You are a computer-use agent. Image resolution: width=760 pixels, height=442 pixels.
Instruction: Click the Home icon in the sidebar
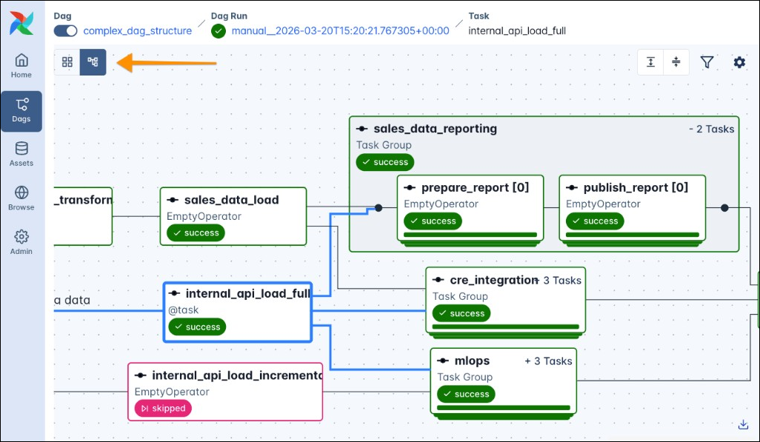[21, 61]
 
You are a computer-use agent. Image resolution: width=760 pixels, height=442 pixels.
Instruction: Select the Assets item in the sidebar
[21, 149]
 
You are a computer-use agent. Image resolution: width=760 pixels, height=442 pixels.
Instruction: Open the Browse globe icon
[21, 193]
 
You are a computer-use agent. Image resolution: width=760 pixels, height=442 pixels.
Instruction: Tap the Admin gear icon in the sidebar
[21, 237]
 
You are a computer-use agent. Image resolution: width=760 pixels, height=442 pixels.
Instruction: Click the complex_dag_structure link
[137, 30]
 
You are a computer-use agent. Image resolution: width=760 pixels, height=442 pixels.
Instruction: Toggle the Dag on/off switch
[66, 30]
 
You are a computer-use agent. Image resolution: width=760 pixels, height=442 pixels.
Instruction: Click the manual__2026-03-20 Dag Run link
[340, 30]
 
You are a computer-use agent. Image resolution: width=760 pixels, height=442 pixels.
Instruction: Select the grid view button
[67, 62]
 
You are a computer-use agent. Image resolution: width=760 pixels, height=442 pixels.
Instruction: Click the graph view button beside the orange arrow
[93, 62]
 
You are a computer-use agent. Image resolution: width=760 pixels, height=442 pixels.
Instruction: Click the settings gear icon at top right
[739, 62]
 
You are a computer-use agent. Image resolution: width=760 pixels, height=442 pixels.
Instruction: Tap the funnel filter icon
[707, 62]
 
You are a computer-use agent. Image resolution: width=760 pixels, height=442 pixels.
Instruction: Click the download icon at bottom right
[743, 424]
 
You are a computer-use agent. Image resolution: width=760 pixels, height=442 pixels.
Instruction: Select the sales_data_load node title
[231, 200]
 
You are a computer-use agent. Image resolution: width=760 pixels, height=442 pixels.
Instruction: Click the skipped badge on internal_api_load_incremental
[163, 408]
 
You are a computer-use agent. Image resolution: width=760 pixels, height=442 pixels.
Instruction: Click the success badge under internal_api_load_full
[197, 327]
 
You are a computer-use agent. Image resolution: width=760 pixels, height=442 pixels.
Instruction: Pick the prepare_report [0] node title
[475, 187]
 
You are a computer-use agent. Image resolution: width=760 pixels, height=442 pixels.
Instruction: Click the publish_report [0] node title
[636, 187]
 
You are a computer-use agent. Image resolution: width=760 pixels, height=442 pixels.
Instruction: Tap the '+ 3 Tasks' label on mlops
[548, 361]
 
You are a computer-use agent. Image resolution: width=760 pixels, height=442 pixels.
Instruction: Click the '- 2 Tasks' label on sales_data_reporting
[711, 129]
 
